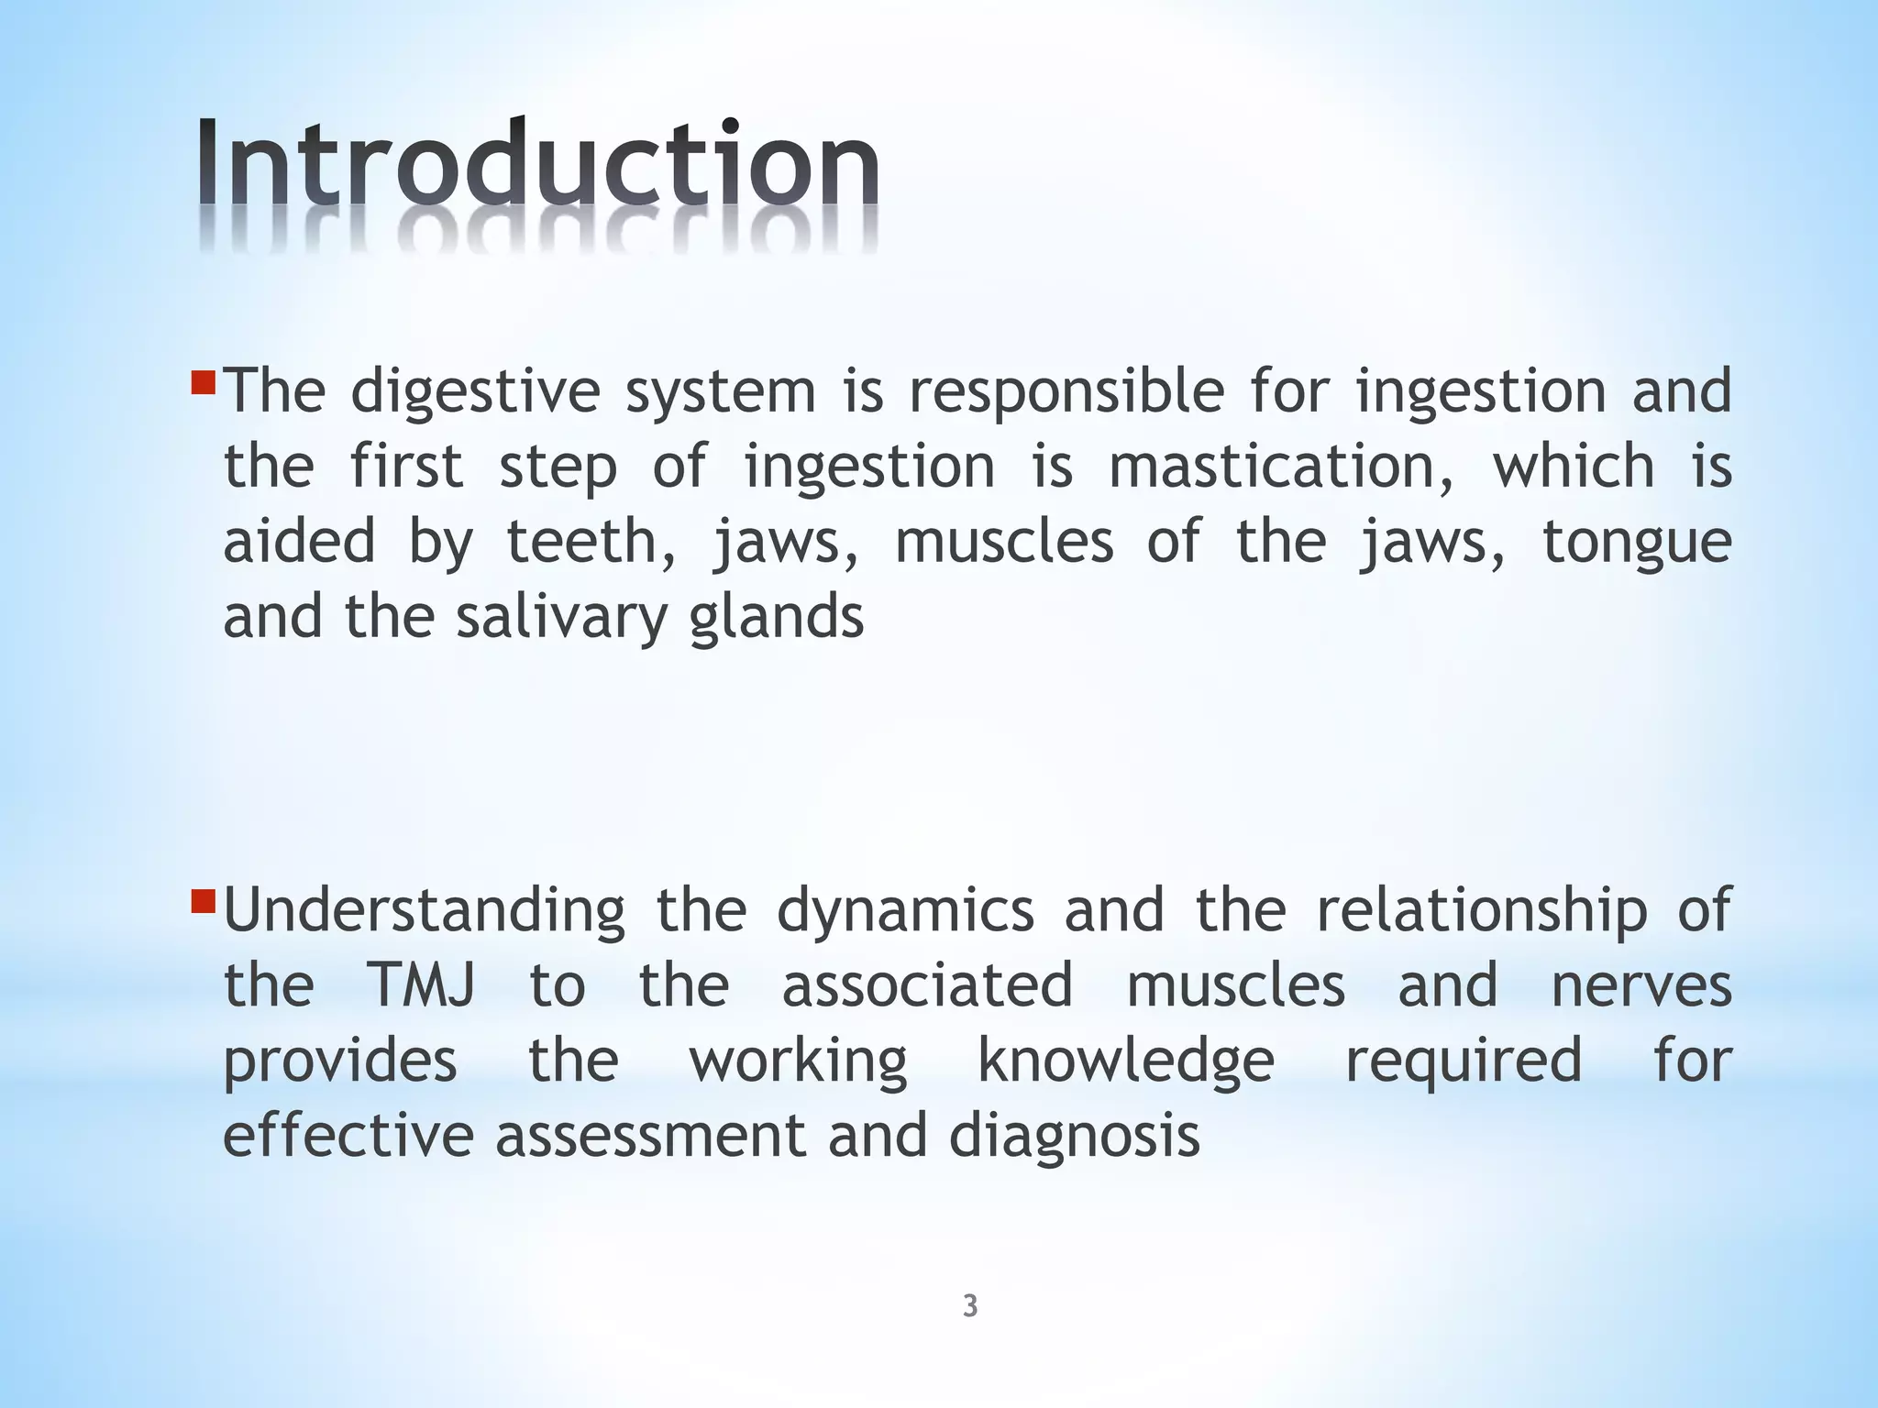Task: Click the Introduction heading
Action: (538, 165)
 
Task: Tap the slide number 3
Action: (970, 1306)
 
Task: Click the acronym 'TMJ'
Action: (422, 985)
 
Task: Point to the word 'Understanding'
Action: (425, 912)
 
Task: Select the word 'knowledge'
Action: (1126, 1061)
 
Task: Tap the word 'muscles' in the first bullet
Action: (1003, 542)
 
